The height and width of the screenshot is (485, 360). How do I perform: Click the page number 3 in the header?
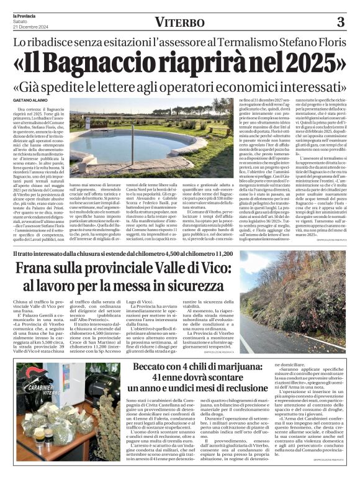340,22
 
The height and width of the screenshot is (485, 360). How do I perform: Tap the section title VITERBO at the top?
181,23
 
